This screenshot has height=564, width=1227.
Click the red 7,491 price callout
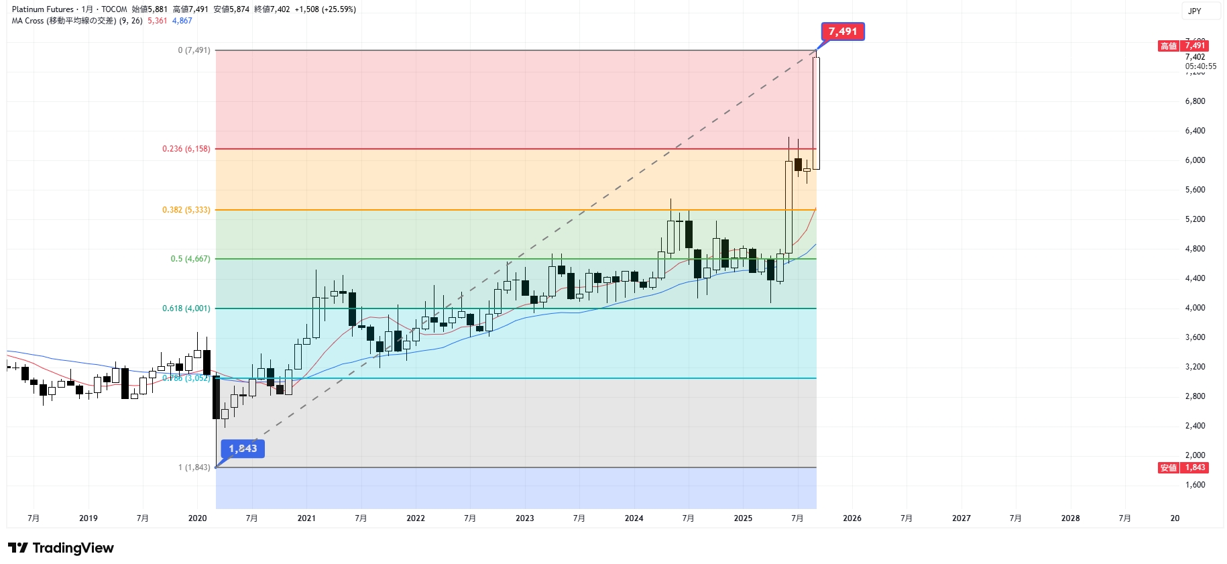click(843, 32)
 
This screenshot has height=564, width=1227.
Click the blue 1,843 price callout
click(243, 449)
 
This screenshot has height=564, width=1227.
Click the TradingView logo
click(61, 548)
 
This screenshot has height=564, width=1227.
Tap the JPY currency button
click(1195, 11)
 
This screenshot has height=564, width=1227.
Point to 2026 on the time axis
click(852, 518)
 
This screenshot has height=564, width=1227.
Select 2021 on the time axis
click(306, 518)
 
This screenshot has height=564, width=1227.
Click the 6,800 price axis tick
click(1195, 101)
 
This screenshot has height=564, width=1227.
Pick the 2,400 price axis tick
click(1195, 426)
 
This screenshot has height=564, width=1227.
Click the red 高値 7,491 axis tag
click(1183, 46)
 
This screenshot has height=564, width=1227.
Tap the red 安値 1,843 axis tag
click(1183, 467)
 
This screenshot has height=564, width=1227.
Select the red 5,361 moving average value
click(158, 21)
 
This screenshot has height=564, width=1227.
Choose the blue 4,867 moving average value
click(182, 21)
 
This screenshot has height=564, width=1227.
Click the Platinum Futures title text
click(43, 9)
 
